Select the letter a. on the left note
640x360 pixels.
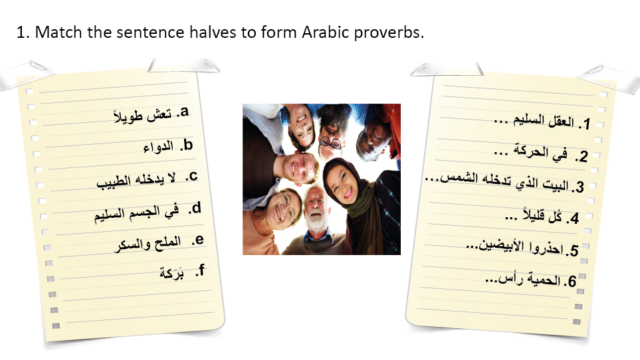(183, 112)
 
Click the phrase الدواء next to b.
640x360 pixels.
(158, 147)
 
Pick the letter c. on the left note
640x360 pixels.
(191, 177)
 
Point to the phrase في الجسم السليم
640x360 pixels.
(136, 213)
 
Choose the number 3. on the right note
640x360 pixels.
(578, 187)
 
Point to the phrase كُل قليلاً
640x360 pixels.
(542, 215)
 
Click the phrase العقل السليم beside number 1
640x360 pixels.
(544, 120)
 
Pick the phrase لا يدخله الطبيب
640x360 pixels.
(136, 180)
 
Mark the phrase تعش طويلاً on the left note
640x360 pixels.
(142, 116)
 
